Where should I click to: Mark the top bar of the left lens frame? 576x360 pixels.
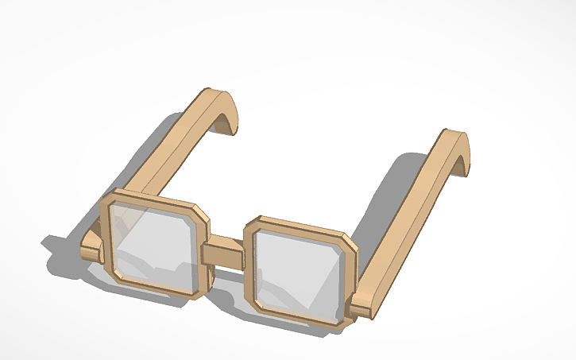click(155, 197)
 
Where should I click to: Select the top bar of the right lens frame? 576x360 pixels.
click(298, 224)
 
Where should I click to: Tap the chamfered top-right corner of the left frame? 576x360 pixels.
click(201, 213)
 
